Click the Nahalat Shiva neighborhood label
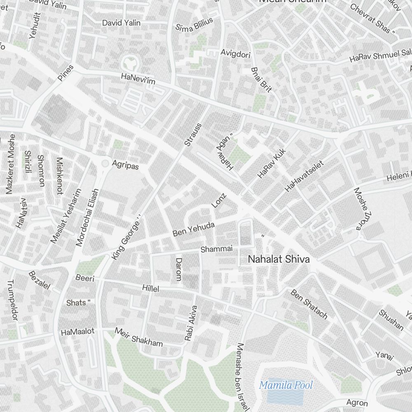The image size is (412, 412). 279,260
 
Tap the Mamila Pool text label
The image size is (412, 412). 286,385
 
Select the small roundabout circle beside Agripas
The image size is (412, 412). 105,164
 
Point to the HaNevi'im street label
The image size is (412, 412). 138,79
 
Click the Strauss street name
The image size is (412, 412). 193,134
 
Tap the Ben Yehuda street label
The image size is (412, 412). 194,229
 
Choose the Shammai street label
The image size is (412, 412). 217,249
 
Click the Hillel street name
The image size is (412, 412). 150,288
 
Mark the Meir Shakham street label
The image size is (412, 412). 138,337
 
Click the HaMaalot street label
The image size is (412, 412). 77,331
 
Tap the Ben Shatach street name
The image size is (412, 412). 309,304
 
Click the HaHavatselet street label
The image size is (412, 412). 304,176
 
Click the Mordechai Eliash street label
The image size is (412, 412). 88,217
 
